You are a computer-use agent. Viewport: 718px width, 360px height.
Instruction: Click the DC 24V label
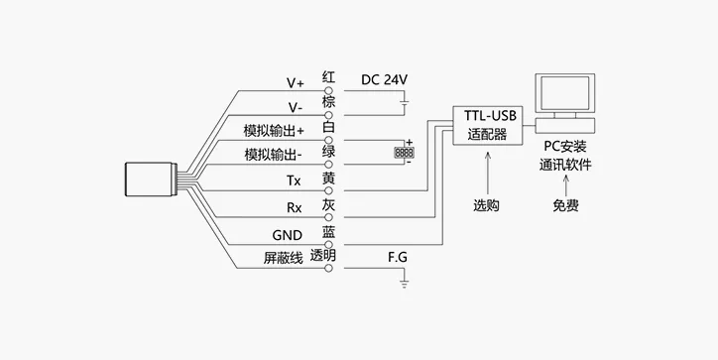click(x=384, y=79)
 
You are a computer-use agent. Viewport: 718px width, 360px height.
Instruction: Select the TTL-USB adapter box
click(x=488, y=126)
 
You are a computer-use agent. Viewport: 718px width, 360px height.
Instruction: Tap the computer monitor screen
click(x=565, y=93)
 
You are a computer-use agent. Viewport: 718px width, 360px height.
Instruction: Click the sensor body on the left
click(x=151, y=180)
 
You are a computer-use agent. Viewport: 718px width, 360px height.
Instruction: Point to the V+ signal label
click(x=296, y=83)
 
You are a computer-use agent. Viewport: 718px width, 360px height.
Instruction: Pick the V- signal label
click(x=296, y=108)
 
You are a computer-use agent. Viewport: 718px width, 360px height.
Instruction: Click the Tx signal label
click(x=294, y=180)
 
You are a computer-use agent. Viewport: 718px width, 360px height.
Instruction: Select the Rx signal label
click(x=295, y=208)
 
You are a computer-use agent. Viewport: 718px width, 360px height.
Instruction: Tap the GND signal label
click(x=288, y=235)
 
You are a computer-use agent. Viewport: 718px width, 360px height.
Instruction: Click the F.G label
click(x=398, y=258)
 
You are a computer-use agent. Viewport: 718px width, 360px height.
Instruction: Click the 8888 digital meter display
click(x=404, y=153)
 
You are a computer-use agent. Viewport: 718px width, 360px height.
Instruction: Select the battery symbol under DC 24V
click(x=405, y=103)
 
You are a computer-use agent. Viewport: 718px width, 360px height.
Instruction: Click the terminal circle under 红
click(x=328, y=90)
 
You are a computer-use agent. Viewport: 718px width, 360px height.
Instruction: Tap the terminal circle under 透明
click(x=328, y=269)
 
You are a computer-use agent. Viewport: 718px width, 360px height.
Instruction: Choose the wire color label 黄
click(x=328, y=179)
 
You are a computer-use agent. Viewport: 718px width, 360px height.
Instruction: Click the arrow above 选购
click(x=487, y=174)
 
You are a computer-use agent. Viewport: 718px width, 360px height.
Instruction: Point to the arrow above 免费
click(x=565, y=185)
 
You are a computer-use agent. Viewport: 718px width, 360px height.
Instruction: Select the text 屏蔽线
click(x=283, y=258)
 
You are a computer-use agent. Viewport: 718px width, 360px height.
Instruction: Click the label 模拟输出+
click(x=274, y=131)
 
